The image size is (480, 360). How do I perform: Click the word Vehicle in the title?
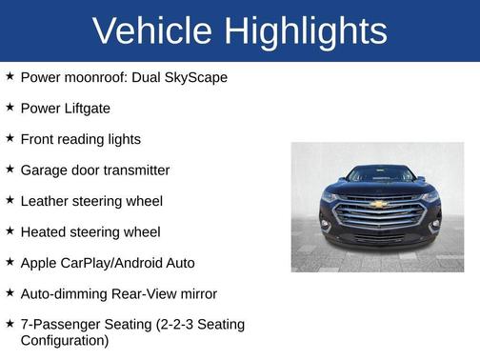coord(153,30)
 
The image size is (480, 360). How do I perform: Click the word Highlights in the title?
coord(306,30)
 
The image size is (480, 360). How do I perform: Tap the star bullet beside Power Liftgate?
coord(10,108)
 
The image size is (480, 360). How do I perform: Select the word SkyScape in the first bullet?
coord(195,77)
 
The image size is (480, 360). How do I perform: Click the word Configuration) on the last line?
coord(65,340)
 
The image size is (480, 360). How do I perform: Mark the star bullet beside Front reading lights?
coord(10,138)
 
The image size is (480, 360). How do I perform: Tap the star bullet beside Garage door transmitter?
coord(10,170)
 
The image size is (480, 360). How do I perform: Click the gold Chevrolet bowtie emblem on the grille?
coord(378,204)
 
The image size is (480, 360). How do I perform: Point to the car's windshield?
coord(378,175)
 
